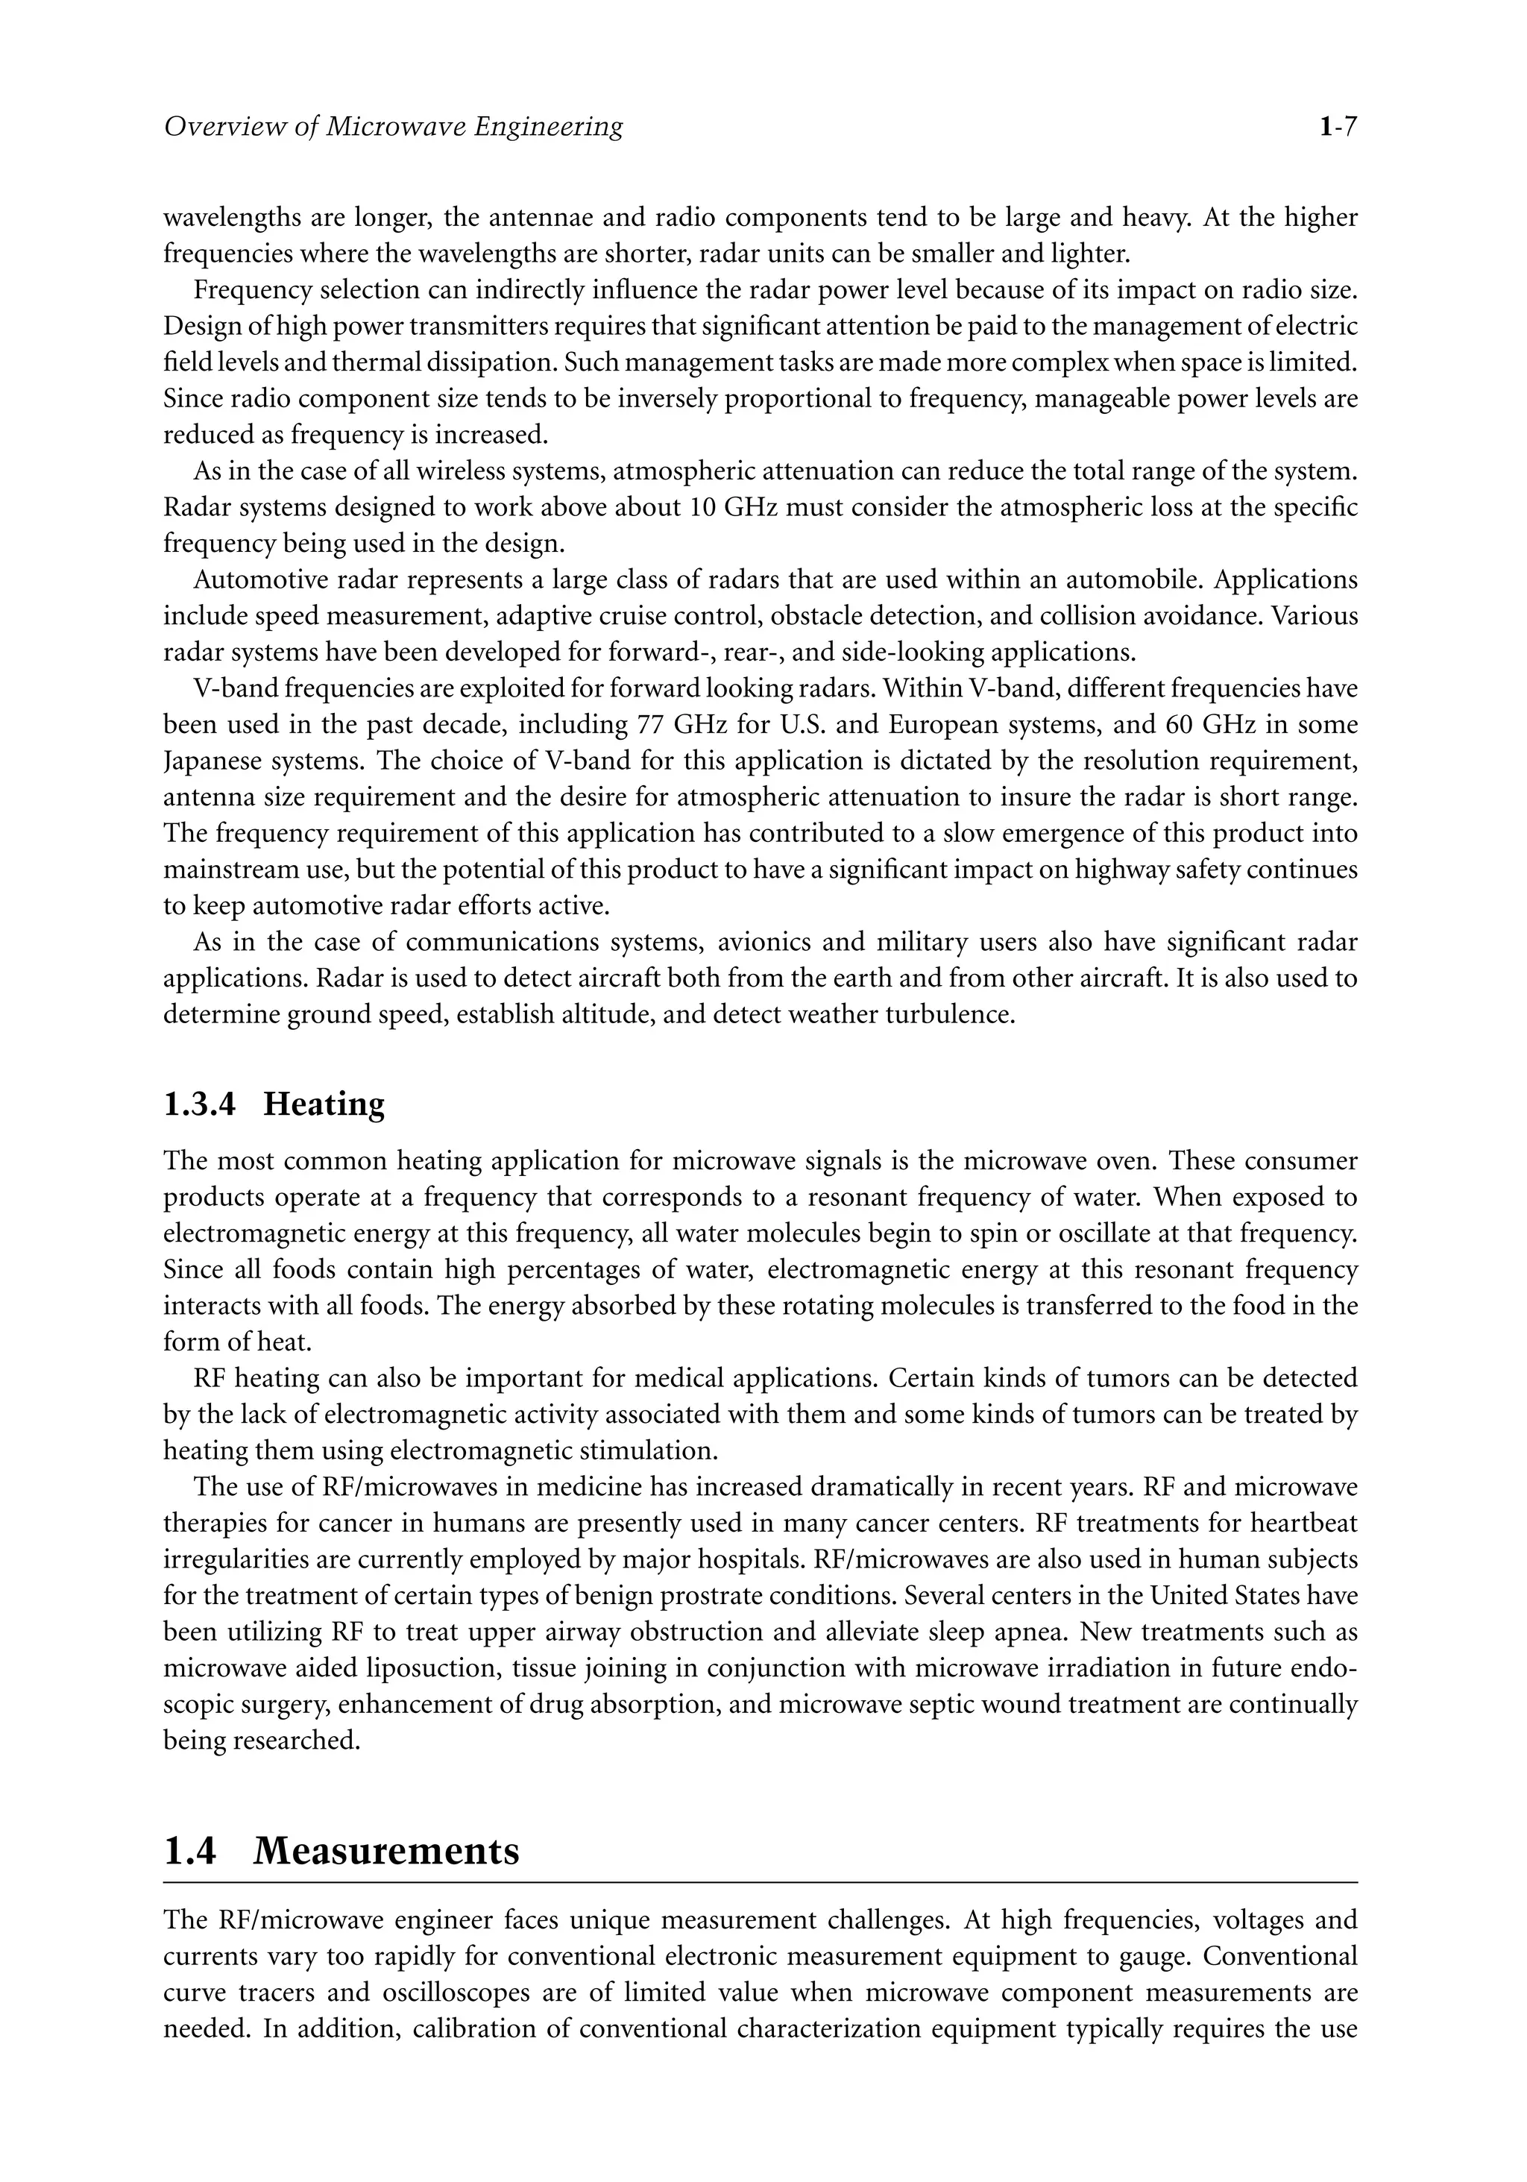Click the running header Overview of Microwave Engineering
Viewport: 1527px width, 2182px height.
(394, 126)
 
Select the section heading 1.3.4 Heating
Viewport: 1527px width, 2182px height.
(274, 1104)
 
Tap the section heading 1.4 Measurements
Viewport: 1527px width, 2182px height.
(341, 1850)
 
